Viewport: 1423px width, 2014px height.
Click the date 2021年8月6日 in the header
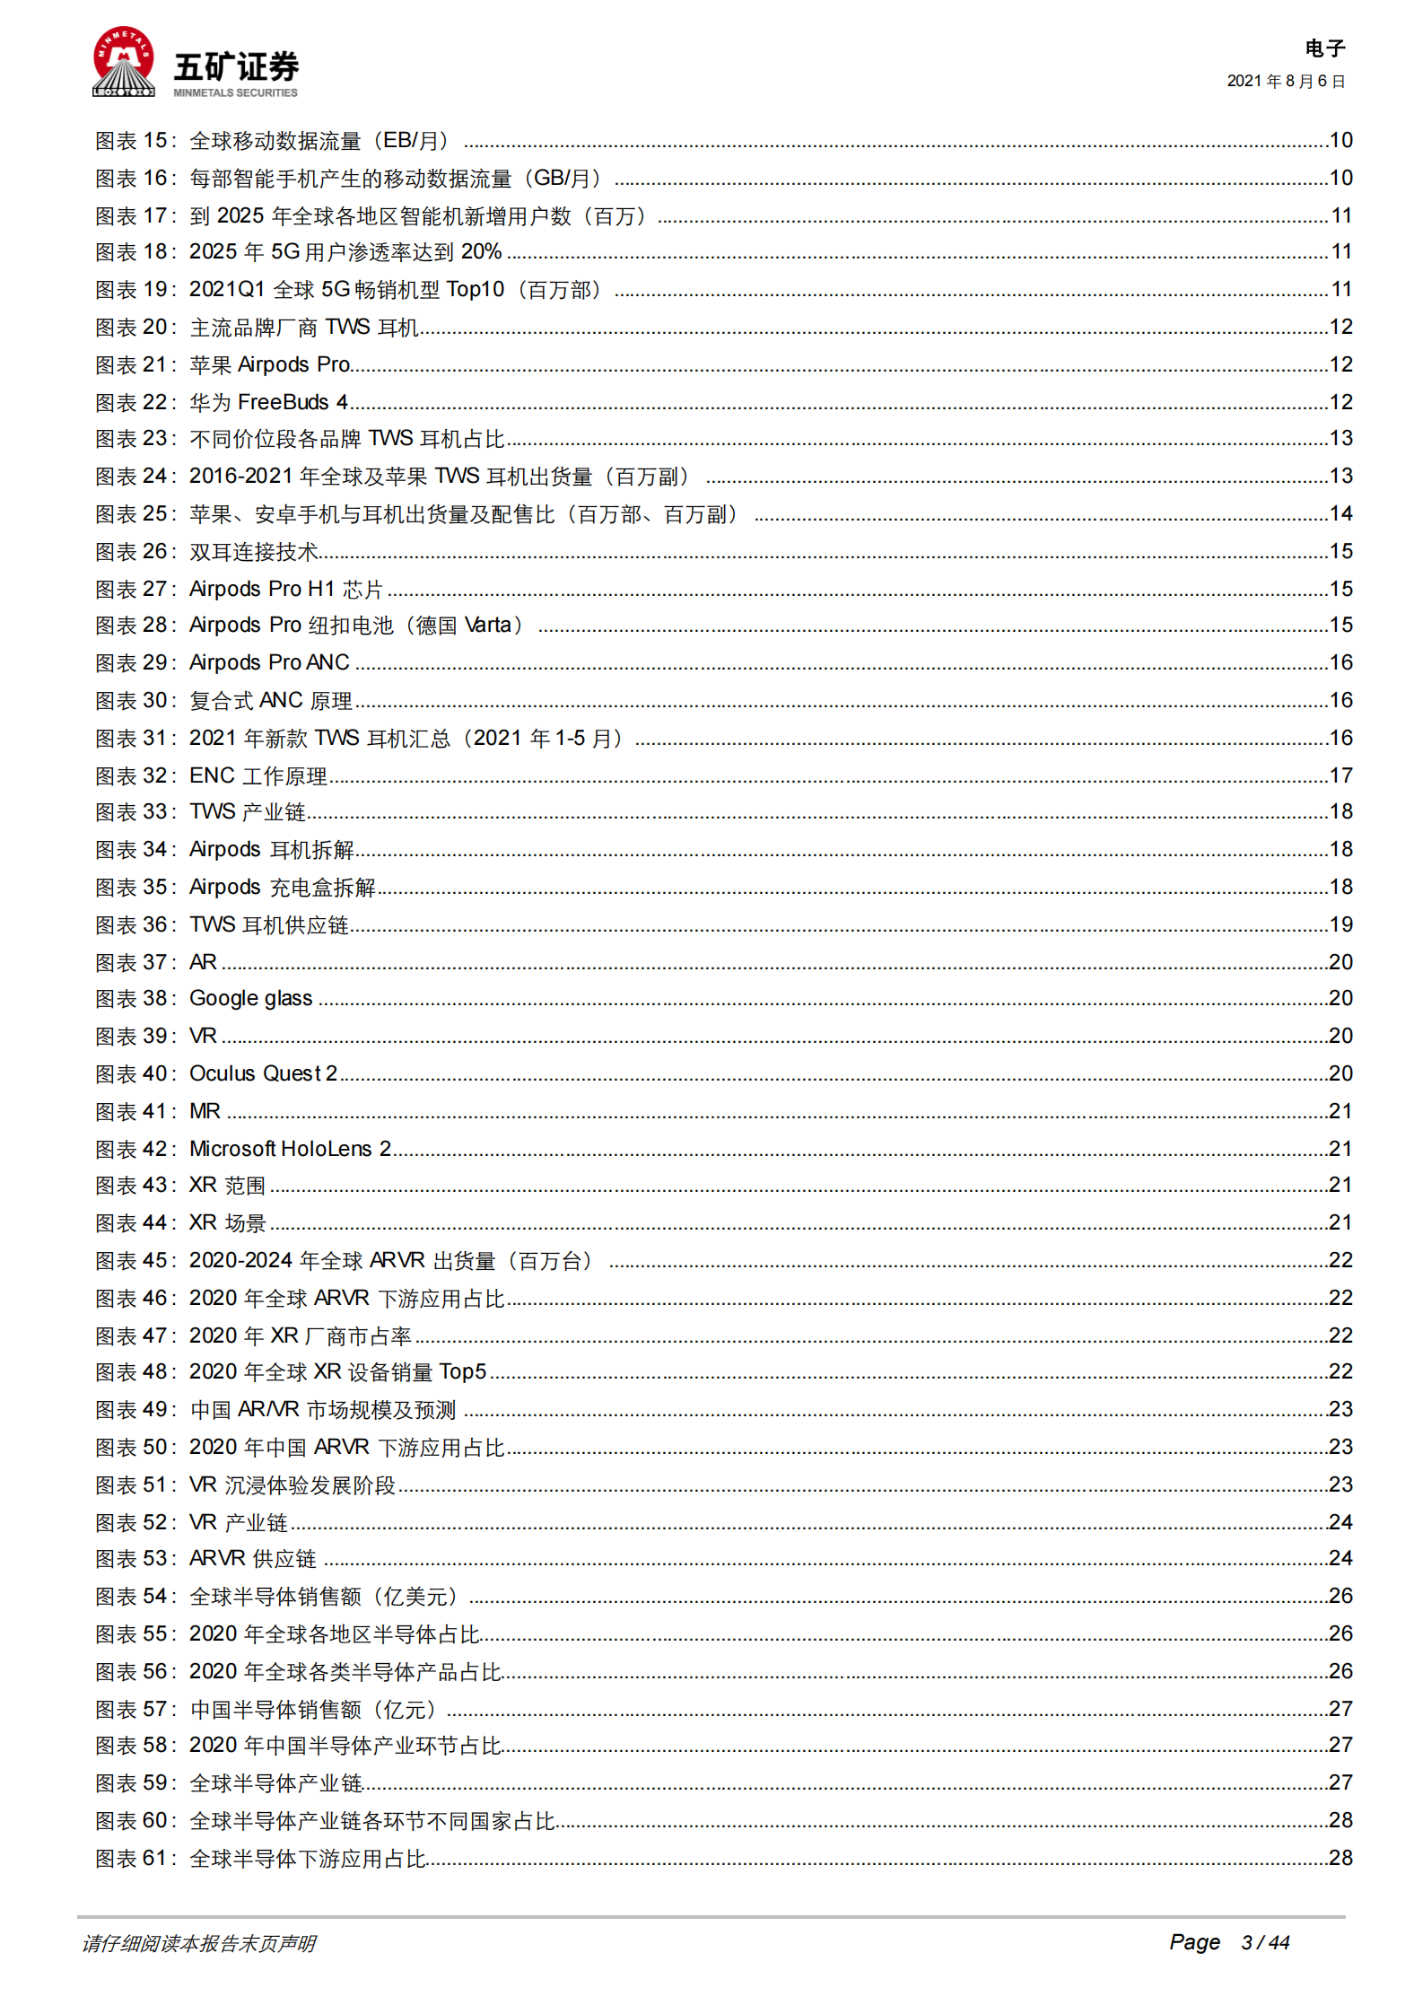click(1285, 82)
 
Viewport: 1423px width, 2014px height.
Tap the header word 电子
click(1324, 48)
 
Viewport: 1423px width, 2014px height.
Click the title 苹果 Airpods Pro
click(269, 364)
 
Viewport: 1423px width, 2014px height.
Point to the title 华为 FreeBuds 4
click(268, 402)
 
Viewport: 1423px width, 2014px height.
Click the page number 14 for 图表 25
click(1340, 513)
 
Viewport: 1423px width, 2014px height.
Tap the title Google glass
click(250, 998)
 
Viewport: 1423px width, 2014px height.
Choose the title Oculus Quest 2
click(263, 1073)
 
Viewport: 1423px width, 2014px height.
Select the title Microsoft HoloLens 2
click(290, 1149)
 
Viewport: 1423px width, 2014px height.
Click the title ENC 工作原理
click(258, 775)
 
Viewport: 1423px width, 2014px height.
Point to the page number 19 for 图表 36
click(1340, 924)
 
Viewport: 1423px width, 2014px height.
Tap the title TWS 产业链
click(248, 811)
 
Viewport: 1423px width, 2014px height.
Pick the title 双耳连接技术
click(254, 551)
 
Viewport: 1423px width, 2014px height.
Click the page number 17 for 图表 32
click(1340, 775)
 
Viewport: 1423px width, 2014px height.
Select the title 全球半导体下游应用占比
click(307, 1858)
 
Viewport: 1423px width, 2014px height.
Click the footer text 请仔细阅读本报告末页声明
click(198, 1943)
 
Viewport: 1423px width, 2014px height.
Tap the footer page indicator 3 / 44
click(1264, 1942)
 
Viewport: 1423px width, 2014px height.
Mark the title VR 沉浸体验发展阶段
click(292, 1484)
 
